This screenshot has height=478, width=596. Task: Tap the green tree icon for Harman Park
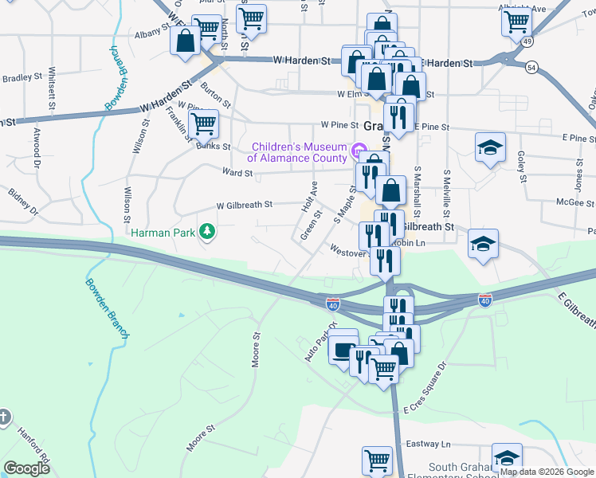[207, 232]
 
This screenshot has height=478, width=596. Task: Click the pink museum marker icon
[358, 148]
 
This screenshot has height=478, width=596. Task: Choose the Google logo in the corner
[26, 468]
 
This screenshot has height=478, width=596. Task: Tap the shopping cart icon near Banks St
[203, 123]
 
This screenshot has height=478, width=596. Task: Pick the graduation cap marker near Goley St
[490, 147]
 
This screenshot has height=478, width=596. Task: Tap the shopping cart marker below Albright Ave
[516, 22]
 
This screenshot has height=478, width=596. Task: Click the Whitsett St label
[53, 88]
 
